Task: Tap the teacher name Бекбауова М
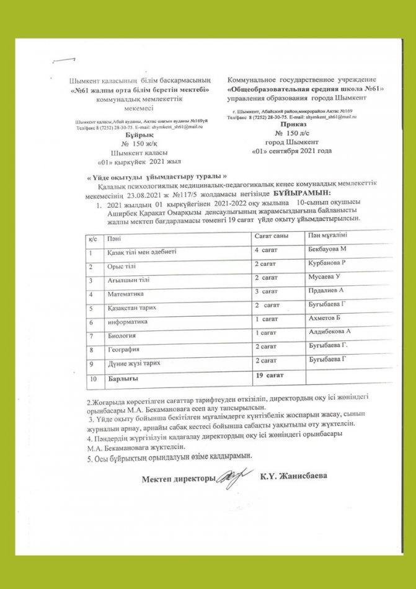pyautogui.click(x=326, y=249)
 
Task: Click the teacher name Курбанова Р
pyautogui.click(x=326, y=263)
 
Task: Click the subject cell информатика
pyautogui.click(x=128, y=322)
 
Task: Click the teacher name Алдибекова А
pyautogui.click(x=329, y=334)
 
